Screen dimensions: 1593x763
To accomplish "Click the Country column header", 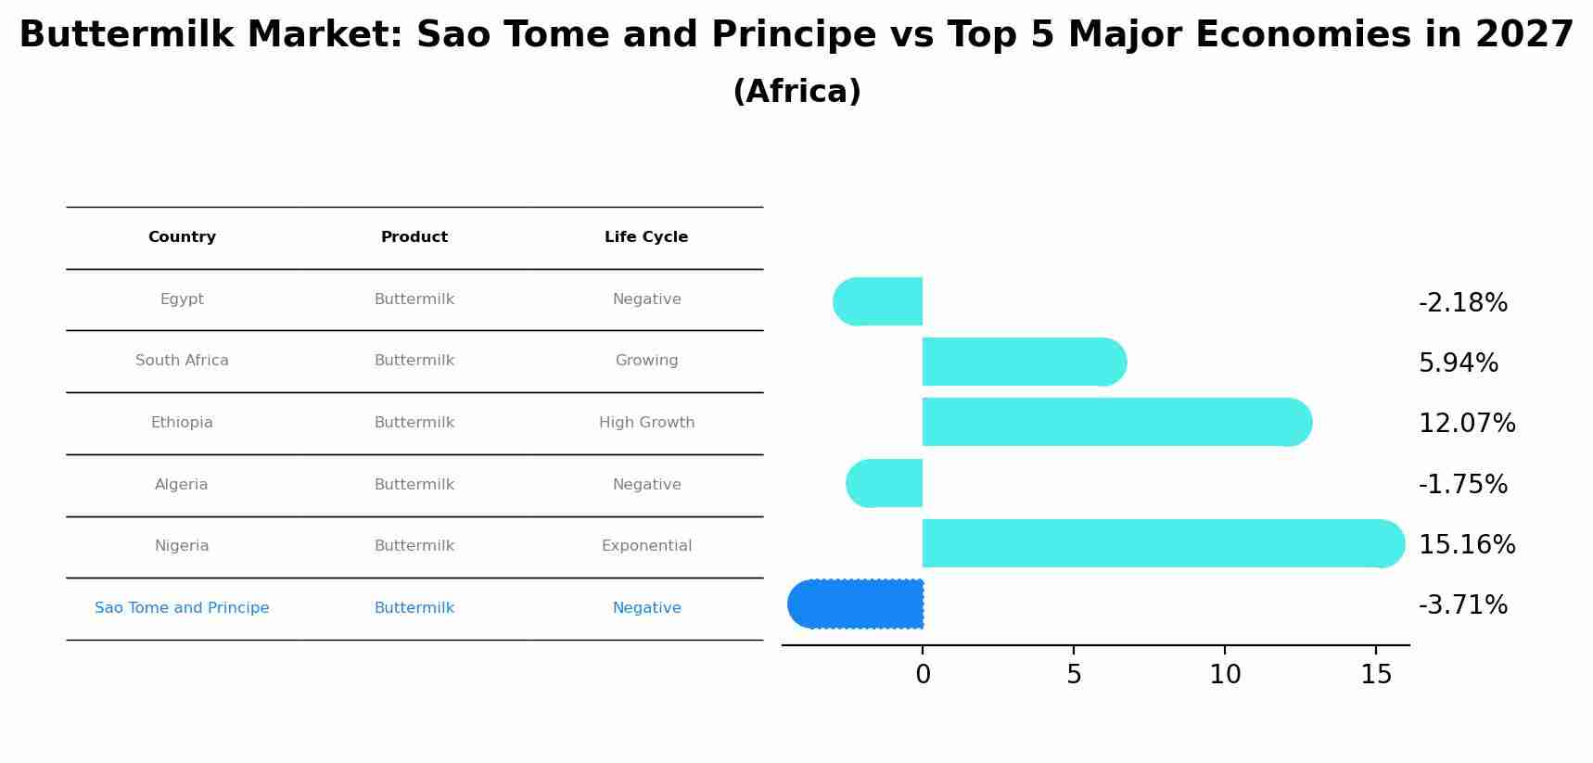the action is [x=182, y=237].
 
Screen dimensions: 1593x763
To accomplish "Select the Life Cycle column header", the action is [x=646, y=237].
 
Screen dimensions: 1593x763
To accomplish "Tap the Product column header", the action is [x=414, y=237].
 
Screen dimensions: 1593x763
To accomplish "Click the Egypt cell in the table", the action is [x=182, y=299].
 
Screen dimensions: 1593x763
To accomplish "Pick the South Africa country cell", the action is [x=182, y=361].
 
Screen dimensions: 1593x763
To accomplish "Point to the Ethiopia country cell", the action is [x=182, y=423].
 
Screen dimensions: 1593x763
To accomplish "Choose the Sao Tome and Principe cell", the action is [x=182, y=608].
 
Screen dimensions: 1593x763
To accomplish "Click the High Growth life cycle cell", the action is [x=646, y=423].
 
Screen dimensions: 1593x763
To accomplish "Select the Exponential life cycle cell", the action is [x=646, y=546].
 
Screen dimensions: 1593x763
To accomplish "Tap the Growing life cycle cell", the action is [x=646, y=361].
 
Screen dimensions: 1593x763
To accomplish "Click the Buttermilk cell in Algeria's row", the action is [x=414, y=485].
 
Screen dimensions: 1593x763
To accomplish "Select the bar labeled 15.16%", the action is [x=1164, y=543].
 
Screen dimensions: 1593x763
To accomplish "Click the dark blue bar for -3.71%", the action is [x=855, y=604].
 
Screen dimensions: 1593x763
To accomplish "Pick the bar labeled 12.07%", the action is [x=1117, y=422].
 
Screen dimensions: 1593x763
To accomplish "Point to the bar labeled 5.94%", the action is [x=1025, y=362].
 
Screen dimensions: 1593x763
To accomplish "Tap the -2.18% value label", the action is [x=1463, y=303].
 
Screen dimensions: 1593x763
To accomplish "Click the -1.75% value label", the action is [x=1463, y=485].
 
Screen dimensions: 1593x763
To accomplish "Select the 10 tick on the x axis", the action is [x=1225, y=675].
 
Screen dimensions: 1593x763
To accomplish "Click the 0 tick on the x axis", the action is [x=923, y=675].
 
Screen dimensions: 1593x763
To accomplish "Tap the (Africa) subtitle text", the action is [x=796, y=92].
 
